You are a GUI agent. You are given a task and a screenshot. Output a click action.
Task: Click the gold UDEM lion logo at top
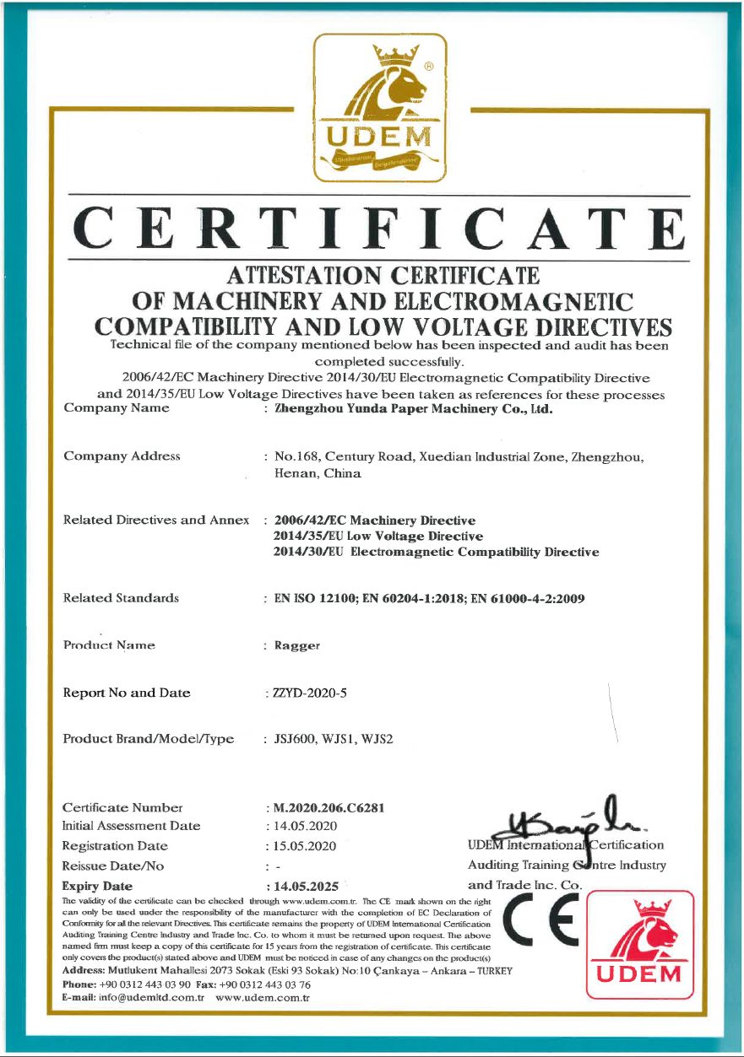click(380, 108)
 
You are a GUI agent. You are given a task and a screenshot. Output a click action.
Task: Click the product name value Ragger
click(296, 646)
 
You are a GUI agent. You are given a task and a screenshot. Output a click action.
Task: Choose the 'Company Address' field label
click(122, 456)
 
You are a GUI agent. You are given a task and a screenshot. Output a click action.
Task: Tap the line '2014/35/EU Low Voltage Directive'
click(378, 536)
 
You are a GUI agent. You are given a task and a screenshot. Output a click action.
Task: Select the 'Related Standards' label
click(121, 598)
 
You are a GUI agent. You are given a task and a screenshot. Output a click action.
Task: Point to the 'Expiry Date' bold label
click(97, 887)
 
